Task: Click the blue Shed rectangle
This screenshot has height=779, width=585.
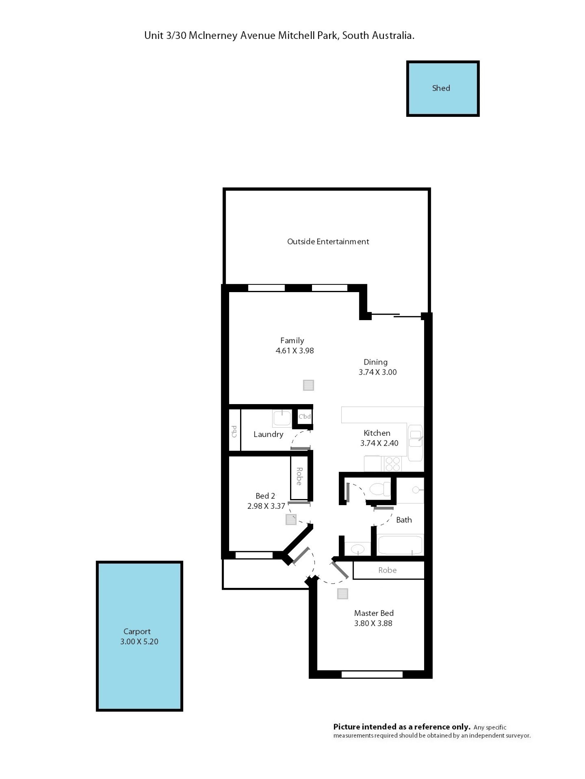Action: click(x=442, y=88)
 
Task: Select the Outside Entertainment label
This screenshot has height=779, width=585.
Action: click(x=328, y=242)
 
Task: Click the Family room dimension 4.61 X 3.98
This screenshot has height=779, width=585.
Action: click(x=294, y=351)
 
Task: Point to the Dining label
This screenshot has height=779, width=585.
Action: click(x=376, y=362)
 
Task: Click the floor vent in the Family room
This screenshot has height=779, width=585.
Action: click(x=309, y=385)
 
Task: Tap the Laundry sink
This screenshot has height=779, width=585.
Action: click(x=282, y=418)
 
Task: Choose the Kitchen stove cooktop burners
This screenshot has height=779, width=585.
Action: click(x=392, y=464)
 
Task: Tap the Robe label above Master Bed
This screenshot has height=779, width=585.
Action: click(x=387, y=570)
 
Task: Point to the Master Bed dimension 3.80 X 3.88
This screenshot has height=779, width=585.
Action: click(x=373, y=623)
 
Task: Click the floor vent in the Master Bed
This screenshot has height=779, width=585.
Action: click(x=342, y=593)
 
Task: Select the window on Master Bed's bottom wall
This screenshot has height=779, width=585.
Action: click(x=372, y=674)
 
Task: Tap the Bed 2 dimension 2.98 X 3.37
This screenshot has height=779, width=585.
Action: click(x=266, y=506)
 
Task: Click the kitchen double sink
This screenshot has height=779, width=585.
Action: click(x=415, y=443)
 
